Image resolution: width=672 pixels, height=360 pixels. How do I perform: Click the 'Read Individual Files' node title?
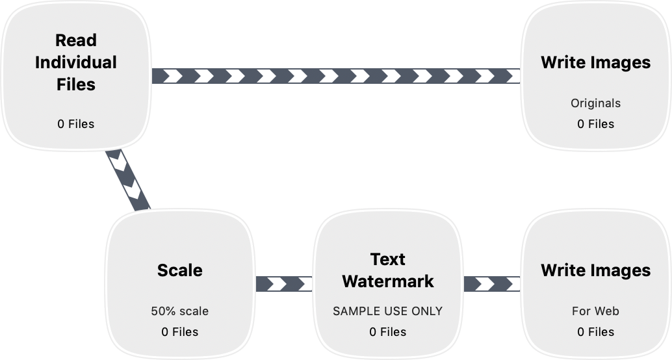pyautogui.click(x=76, y=62)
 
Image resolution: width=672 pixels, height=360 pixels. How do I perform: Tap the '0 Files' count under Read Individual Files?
pyautogui.click(x=76, y=124)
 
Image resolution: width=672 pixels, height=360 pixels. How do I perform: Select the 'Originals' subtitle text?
pyautogui.click(x=596, y=103)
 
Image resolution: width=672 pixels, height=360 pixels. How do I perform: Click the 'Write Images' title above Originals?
pyautogui.click(x=596, y=62)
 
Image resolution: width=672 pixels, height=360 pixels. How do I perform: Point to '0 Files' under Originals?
pyautogui.click(x=596, y=124)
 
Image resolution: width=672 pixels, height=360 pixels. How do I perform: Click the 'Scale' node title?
pyautogui.click(x=179, y=270)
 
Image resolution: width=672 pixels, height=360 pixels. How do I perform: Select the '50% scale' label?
pyautogui.click(x=179, y=311)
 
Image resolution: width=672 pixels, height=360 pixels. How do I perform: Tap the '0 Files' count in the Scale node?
pyautogui.click(x=179, y=331)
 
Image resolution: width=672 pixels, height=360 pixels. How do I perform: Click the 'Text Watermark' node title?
pyautogui.click(x=388, y=270)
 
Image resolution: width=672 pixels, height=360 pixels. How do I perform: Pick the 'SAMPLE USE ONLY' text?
pyautogui.click(x=388, y=311)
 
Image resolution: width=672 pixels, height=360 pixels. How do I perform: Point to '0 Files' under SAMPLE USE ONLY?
pyautogui.click(x=388, y=331)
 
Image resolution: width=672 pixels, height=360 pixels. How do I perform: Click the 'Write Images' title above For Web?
pyautogui.click(x=596, y=270)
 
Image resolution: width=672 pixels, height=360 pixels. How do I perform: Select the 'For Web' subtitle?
pyautogui.click(x=596, y=311)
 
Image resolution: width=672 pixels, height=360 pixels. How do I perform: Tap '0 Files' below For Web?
pyautogui.click(x=596, y=331)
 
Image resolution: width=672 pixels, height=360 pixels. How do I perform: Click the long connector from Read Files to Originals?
pyautogui.click(x=336, y=76)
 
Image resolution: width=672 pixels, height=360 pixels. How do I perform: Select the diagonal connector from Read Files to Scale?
pyautogui.click(x=128, y=180)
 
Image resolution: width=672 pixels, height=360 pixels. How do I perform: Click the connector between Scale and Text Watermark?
pyautogui.click(x=284, y=284)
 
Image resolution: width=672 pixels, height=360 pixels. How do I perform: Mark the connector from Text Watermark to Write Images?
pyautogui.click(x=492, y=284)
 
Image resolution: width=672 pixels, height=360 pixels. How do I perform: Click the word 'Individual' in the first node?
pyautogui.click(x=76, y=62)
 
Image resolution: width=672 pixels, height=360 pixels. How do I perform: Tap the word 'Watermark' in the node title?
pyautogui.click(x=388, y=281)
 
